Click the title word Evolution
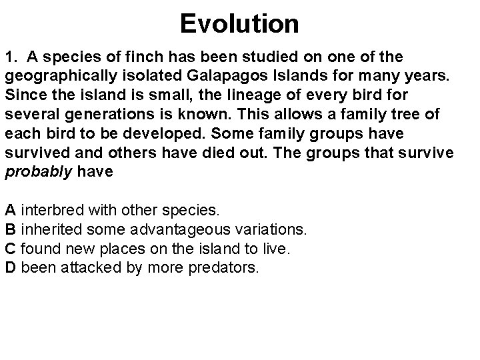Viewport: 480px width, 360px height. click(x=239, y=25)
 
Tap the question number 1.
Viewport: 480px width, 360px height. click(x=10, y=55)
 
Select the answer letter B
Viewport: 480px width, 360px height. click(x=10, y=229)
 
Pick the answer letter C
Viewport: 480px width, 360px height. click(x=11, y=249)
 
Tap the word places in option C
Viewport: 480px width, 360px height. click(x=117, y=249)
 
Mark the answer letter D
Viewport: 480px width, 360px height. click(x=11, y=268)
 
